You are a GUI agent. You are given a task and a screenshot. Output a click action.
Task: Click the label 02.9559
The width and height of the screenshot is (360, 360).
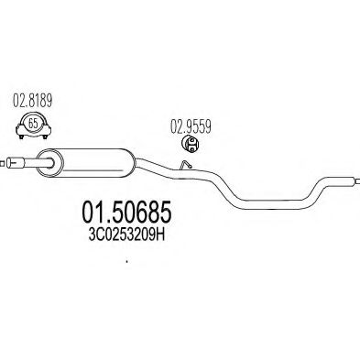click(x=190, y=129)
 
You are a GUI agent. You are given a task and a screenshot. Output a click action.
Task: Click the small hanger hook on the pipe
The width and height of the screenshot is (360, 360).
click(x=183, y=166)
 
